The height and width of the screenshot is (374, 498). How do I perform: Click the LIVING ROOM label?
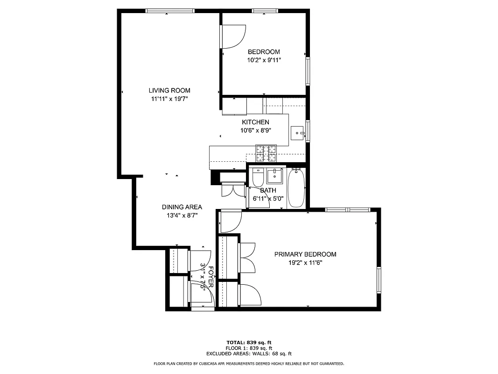[x=169, y=90]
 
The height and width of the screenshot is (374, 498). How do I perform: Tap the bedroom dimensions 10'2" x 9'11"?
[x=264, y=60]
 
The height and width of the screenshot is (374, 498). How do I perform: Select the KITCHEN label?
[x=255, y=122]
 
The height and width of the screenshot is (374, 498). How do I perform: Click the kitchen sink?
[x=297, y=134]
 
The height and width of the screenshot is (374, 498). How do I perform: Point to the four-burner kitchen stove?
[x=266, y=153]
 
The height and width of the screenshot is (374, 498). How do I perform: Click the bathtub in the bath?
[x=297, y=188]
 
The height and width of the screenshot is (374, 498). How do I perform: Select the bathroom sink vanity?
[x=275, y=176]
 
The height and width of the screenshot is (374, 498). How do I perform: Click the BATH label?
[x=268, y=190]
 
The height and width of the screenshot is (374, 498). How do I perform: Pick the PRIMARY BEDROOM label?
[x=305, y=254]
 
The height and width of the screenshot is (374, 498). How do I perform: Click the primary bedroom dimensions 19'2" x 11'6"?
[x=305, y=263]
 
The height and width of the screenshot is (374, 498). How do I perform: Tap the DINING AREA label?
[x=182, y=207]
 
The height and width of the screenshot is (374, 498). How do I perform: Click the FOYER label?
[x=211, y=277]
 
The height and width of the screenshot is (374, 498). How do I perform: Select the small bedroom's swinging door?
[x=233, y=36]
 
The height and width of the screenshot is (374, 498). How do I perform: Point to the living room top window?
[x=170, y=11]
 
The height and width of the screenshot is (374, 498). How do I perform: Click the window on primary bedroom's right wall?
[x=379, y=281]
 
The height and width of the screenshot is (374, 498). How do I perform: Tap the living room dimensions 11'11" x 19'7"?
[x=169, y=99]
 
